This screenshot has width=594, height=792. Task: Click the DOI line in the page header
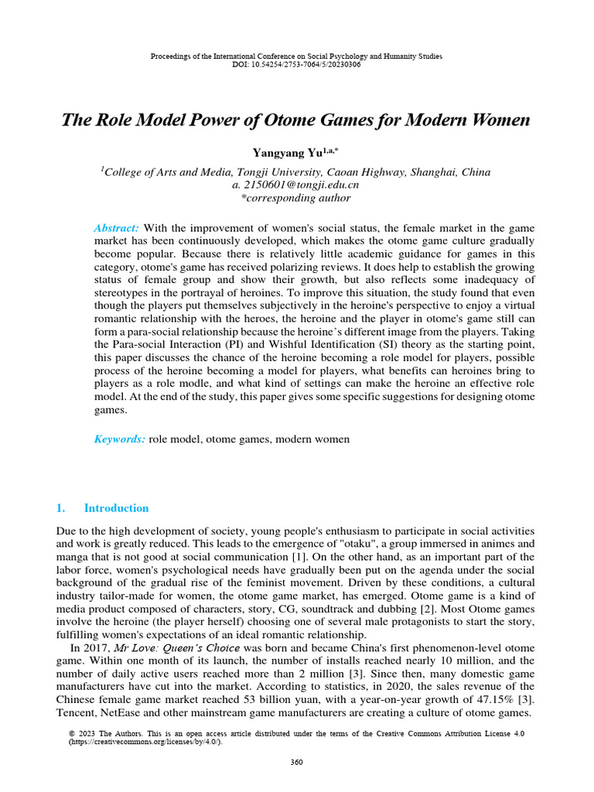[296, 64]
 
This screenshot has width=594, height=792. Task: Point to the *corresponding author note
[296, 198]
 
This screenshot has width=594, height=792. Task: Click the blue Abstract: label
[116, 228]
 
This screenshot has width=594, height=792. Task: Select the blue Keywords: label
[119, 439]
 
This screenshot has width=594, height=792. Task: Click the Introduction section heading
[116, 508]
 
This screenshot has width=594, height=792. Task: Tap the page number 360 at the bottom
[296, 762]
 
